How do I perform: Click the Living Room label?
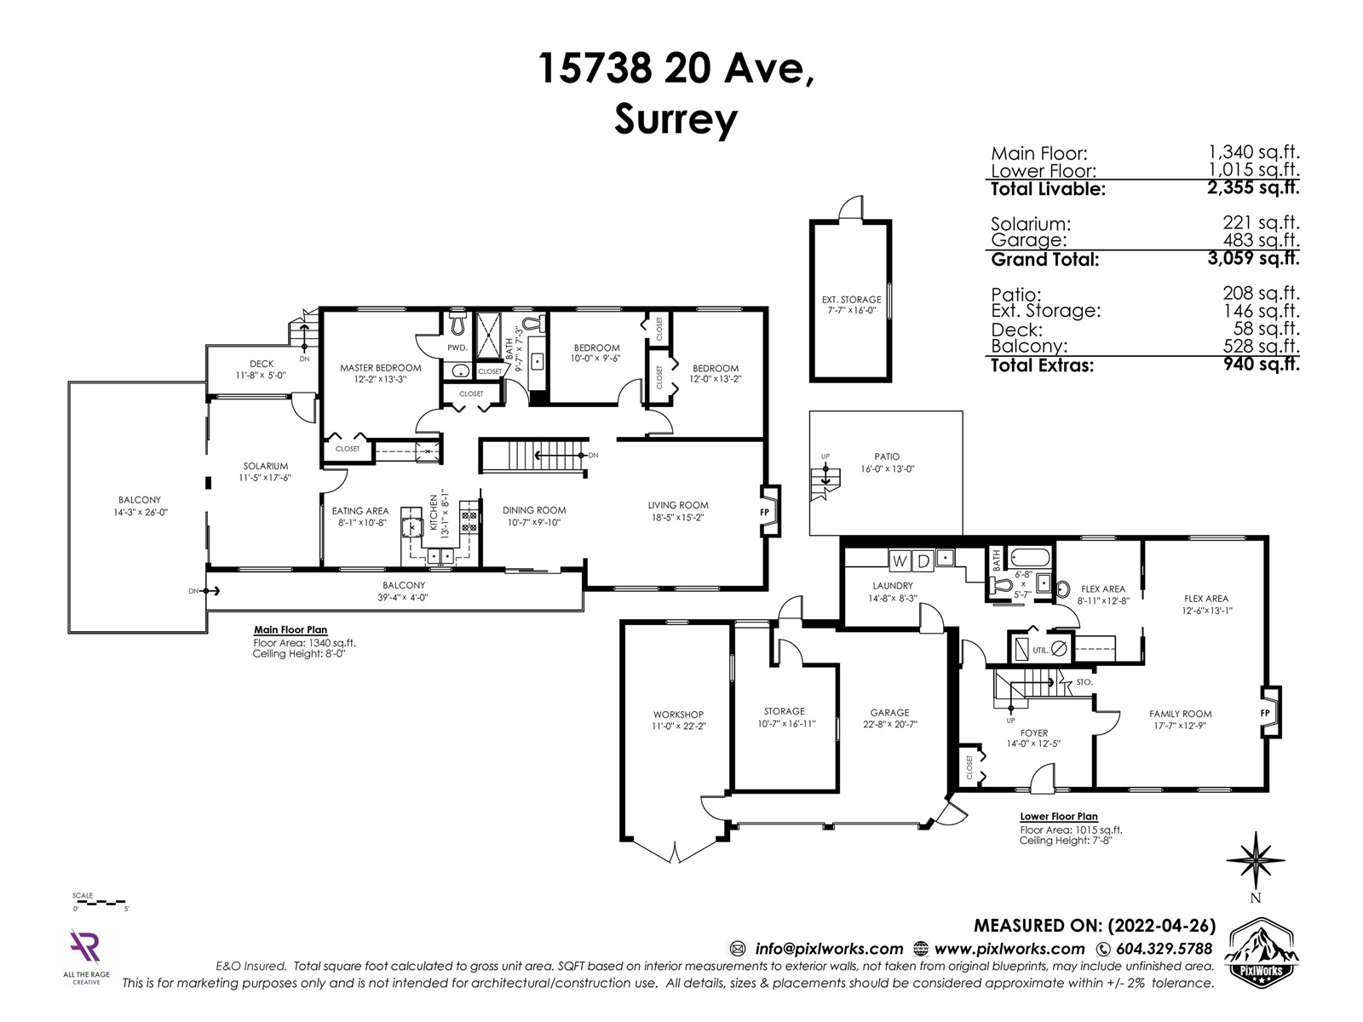(x=677, y=505)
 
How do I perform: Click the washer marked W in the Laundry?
(x=899, y=561)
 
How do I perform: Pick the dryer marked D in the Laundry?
(x=923, y=561)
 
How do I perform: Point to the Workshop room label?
(x=678, y=715)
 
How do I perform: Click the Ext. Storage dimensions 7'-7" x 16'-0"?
(x=851, y=310)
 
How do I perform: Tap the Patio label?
(x=887, y=456)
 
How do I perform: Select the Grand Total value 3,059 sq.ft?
(x=1253, y=257)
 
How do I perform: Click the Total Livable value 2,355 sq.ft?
(x=1253, y=187)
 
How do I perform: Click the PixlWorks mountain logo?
(x=1262, y=950)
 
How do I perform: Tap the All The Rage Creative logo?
(x=86, y=956)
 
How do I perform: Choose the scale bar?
(x=100, y=902)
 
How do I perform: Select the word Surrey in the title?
(x=676, y=119)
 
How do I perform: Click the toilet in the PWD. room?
(x=457, y=321)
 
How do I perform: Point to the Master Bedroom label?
(x=380, y=368)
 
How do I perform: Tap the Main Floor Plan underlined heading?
(x=290, y=630)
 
